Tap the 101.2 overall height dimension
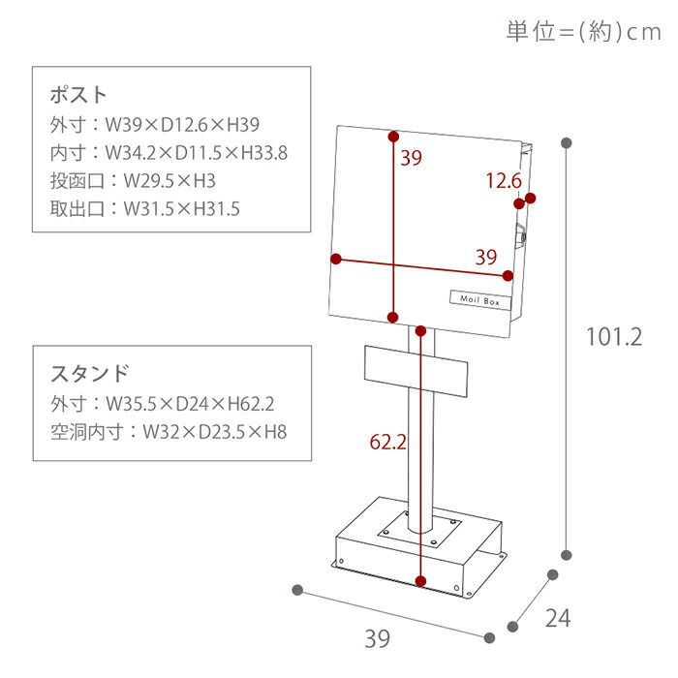point(615,336)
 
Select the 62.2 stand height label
point(388,442)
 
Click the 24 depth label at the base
point(558,618)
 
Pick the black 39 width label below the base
point(377,638)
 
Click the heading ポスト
point(77,95)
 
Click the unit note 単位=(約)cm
point(583,31)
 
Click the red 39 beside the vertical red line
point(411,159)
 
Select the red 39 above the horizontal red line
point(486,257)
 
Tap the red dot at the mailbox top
point(393,137)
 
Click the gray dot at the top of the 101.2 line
point(567,143)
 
